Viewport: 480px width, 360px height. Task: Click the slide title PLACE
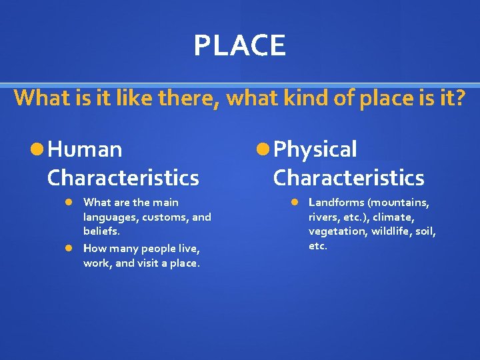(x=240, y=45)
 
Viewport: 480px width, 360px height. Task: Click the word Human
(x=85, y=149)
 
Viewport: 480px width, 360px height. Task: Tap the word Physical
(x=315, y=149)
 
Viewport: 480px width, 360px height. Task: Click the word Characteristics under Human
(x=123, y=178)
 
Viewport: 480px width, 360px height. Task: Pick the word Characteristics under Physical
(x=349, y=178)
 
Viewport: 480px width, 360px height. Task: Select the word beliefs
(x=101, y=231)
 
